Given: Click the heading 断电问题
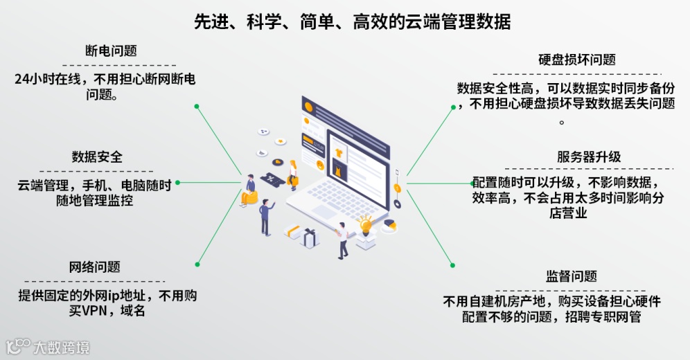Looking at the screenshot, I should click(111, 51).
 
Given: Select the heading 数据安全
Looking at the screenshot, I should click(97, 156).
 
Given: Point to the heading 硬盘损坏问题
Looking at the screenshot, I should click(576, 60).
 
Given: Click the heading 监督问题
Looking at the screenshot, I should click(572, 276).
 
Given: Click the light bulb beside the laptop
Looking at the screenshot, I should click(365, 224).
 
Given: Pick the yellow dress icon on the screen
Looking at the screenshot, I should click(337, 169).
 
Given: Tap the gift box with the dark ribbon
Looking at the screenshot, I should click(309, 237).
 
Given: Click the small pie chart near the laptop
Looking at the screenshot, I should click(389, 225).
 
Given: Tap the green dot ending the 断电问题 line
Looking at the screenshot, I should click(197, 107).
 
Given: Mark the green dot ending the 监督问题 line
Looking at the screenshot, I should click(452, 264).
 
